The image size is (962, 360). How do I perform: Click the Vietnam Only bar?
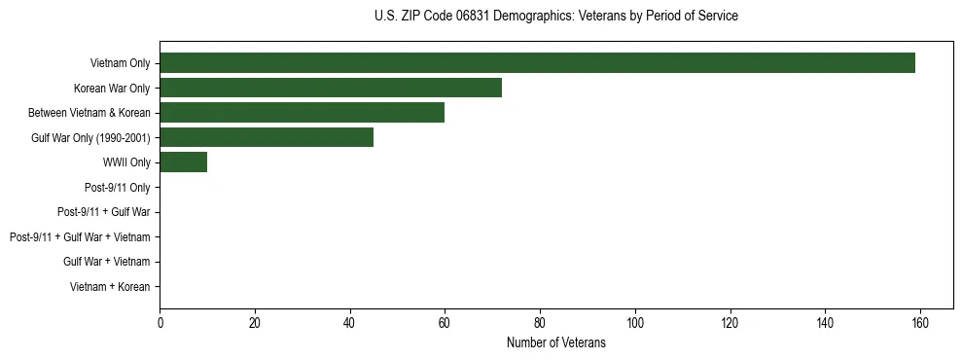pyautogui.click(x=537, y=63)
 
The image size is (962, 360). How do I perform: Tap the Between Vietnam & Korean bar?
pyautogui.click(x=302, y=113)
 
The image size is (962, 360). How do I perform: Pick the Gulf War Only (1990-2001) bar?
pyautogui.click(x=267, y=137)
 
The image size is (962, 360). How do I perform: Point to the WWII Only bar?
pyautogui.click(x=183, y=162)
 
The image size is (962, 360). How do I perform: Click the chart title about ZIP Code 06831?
pyautogui.click(x=555, y=17)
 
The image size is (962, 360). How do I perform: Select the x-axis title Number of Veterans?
pyautogui.click(x=555, y=342)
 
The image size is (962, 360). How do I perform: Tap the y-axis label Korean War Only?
pyautogui.click(x=112, y=88)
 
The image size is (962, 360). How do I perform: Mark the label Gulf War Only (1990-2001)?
pyautogui.click(x=90, y=137)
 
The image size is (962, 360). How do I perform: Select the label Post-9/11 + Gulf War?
pyautogui.click(x=103, y=212)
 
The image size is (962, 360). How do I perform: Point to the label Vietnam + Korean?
pyautogui.click(x=110, y=287)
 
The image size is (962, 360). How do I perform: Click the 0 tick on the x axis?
pyautogui.click(x=160, y=322)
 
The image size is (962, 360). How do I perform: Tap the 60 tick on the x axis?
pyautogui.click(x=445, y=322)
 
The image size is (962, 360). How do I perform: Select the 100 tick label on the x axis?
pyautogui.click(x=635, y=322)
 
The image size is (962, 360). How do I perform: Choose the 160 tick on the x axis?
pyautogui.click(x=920, y=322)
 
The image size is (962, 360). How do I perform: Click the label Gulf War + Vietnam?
pyautogui.click(x=106, y=262)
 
